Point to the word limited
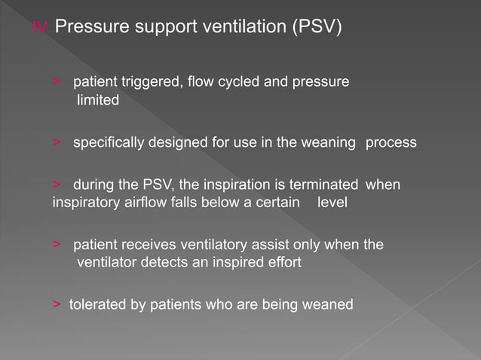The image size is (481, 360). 98,100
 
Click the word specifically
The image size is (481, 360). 107,142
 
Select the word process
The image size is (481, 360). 391,142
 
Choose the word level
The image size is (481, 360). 332,203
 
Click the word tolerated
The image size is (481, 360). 96,305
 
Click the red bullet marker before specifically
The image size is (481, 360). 57,142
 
